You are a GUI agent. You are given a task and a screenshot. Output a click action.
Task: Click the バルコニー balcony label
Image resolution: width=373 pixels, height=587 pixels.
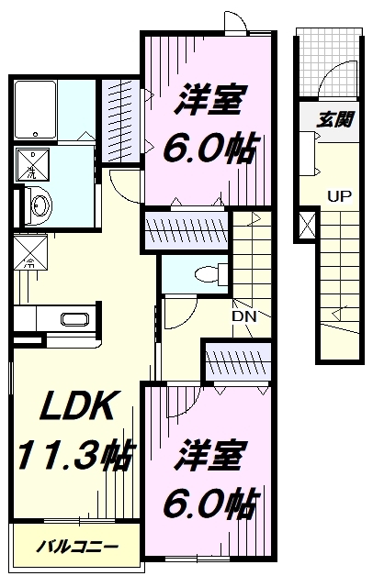[x=77, y=548]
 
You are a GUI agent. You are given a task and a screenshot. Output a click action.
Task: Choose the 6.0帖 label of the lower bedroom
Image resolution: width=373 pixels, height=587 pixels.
[x=209, y=504]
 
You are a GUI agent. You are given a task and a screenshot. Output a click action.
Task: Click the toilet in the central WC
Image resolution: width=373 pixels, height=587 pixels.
[x=209, y=272]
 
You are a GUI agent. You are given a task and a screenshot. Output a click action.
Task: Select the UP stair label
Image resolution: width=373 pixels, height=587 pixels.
[x=338, y=196]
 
